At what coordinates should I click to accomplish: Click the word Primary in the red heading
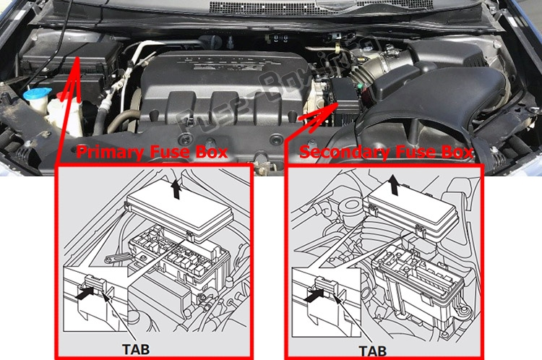[x=111, y=153]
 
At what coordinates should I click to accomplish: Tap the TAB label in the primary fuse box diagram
[x=136, y=349]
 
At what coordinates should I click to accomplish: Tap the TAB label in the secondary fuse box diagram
[x=373, y=351]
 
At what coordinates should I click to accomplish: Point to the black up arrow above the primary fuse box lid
[x=176, y=189]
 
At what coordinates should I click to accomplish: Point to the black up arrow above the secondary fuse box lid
[x=393, y=184]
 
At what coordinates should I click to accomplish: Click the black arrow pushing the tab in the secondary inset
[x=314, y=295]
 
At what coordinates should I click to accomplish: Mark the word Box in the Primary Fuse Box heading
[x=212, y=153]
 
